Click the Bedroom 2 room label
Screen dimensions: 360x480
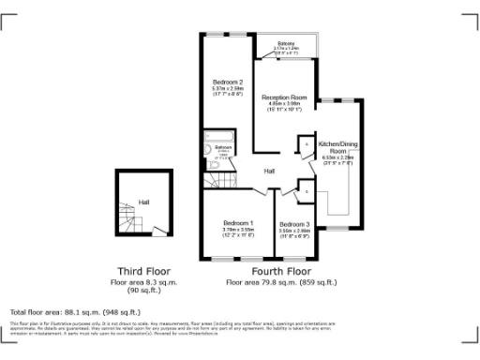(227, 82)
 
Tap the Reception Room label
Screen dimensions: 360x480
(284, 97)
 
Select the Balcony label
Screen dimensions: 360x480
(286, 44)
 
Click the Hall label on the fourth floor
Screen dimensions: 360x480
(269, 172)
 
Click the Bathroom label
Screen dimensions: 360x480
(223, 147)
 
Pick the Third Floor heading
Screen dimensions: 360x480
(142, 270)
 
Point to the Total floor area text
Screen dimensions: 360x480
(75, 311)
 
